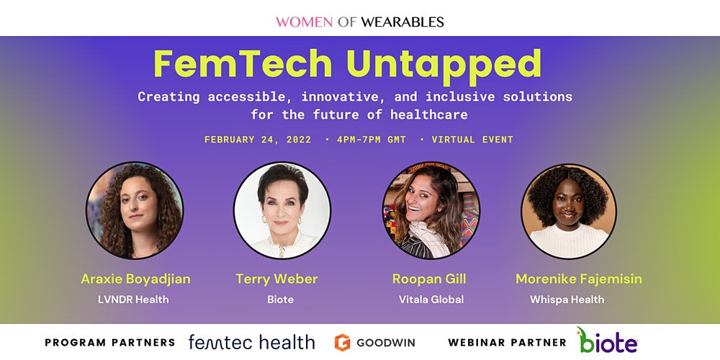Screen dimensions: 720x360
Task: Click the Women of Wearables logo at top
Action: point(359,22)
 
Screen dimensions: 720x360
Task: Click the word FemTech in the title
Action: point(243,64)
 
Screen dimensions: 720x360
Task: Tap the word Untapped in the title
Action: point(444,66)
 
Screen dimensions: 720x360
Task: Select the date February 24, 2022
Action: point(258,140)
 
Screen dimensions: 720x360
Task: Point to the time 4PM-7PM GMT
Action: point(372,140)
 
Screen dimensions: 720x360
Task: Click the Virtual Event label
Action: point(472,140)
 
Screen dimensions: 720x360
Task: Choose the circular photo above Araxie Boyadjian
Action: point(135,210)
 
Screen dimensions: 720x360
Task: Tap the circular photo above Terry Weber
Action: point(282,210)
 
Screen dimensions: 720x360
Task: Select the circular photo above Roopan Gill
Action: point(431,210)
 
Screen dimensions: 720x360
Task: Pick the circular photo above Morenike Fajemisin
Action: point(569,211)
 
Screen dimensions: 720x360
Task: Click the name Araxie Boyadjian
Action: point(135,279)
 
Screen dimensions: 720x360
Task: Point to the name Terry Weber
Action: point(277,279)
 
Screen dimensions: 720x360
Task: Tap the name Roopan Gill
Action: point(429,279)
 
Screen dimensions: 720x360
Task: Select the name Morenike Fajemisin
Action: point(579,279)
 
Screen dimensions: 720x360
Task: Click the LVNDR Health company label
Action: point(133,300)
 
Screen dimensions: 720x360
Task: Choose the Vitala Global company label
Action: point(431,300)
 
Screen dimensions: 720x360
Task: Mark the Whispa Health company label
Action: point(567,300)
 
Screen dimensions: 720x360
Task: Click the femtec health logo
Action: point(251,342)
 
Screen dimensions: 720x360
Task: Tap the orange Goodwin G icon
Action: point(342,343)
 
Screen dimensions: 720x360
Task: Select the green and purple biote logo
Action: point(607,341)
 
